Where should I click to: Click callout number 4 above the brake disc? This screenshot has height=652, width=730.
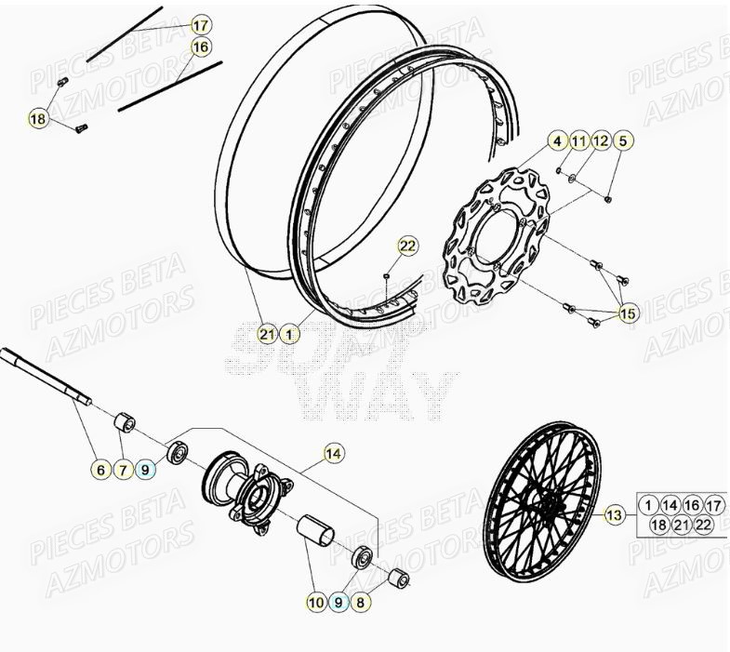[557, 141]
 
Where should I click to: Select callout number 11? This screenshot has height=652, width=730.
[579, 141]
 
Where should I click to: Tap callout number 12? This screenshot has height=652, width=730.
[602, 141]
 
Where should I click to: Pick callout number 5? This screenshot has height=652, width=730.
[624, 141]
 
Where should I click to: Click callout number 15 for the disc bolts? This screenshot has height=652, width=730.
[629, 314]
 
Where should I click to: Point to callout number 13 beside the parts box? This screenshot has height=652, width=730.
[615, 515]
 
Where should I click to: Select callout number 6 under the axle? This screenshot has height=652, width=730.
[100, 470]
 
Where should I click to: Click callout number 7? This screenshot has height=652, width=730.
[123, 470]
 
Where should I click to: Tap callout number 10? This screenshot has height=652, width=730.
[316, 602]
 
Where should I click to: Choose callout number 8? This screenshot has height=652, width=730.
[361, 602]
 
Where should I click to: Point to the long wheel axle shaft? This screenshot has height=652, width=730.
[46, 377]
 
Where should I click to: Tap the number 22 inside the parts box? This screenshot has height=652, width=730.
[704, 526]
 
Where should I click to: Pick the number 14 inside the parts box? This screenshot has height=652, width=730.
[670, 505]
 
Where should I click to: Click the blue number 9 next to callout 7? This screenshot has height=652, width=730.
[145, 470]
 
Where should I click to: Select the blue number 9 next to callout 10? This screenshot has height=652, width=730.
[338, 602]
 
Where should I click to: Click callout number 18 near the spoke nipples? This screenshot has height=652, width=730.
[38, 119]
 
